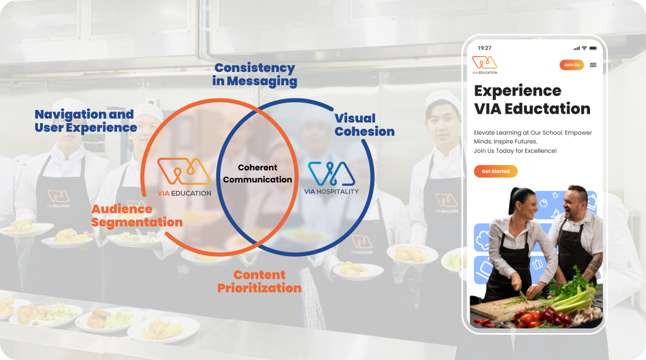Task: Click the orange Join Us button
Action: (571, 65)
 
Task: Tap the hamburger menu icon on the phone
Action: (593, 65)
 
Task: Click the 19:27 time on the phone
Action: (484, 48)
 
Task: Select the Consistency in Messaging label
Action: (255, 74)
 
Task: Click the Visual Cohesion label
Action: (364, 125)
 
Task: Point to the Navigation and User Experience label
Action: (86, 120)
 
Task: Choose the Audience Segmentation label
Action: (137, 215)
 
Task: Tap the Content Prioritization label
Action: (259, 281)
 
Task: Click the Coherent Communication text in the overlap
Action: (258, 173)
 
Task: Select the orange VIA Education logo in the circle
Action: (184, 177)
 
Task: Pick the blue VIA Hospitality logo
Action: (331, 178)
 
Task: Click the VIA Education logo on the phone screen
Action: (484, 65)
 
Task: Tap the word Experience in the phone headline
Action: (517, 90)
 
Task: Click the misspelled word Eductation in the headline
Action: (547, 108)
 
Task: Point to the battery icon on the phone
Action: (593, 48)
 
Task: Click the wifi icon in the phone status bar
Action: (584, 48)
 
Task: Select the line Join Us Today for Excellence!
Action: (515, 151)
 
